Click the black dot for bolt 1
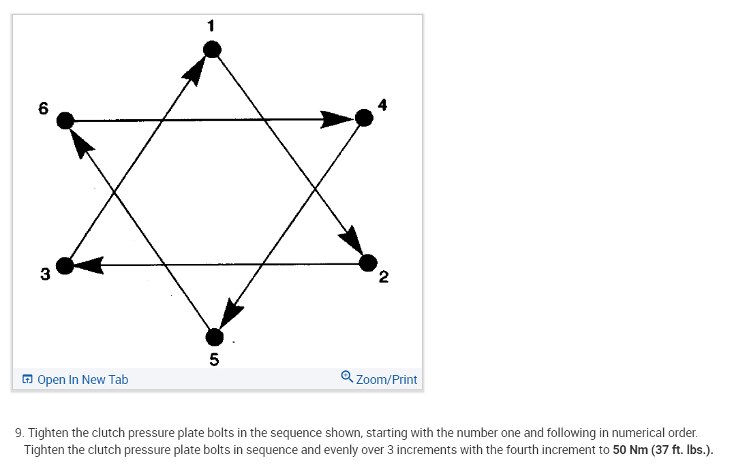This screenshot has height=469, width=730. (212, 49)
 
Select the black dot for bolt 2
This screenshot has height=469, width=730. (367, 262)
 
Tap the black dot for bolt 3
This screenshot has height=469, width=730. (65, 265)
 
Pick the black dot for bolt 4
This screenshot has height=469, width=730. (365, 118)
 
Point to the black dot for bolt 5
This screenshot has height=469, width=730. (214, 336)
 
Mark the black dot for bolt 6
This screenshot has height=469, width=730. (65, 121)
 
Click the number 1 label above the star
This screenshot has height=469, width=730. (211, 26)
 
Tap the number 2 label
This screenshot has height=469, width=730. (383, 276)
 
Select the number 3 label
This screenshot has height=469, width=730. (44, 275)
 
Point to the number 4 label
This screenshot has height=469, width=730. (382, 105)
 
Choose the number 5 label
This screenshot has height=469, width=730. (214, 359)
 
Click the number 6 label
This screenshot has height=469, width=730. (44, 108)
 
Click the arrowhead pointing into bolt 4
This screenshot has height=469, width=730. (337, 120)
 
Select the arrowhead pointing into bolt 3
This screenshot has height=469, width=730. (89, 265)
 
